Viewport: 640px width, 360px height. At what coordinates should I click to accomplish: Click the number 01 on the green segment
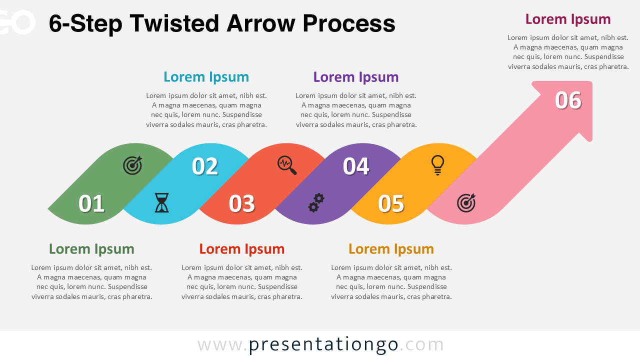coord(91,203)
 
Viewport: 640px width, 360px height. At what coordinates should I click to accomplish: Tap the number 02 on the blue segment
coord(205,166)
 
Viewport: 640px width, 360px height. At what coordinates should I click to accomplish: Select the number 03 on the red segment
coord(242,203)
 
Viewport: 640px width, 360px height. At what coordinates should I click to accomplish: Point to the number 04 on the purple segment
coord(356,166)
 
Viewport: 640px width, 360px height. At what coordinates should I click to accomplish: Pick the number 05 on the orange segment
coord(391,203)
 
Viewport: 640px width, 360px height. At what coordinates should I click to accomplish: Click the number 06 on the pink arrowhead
coord(568,100)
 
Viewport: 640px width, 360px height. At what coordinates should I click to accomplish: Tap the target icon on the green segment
coord(132,165)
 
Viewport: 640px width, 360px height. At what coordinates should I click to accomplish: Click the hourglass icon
coord(161,203)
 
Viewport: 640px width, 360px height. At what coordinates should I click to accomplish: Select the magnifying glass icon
coord(287,165)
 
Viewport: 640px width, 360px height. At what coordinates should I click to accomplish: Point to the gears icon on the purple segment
coord(316,202)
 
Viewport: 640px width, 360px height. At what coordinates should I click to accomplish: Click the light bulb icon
coord(437,165)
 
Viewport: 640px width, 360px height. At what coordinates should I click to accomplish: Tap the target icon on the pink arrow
coord(466,202)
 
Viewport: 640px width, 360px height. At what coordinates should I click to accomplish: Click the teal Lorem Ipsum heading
coord(206,77)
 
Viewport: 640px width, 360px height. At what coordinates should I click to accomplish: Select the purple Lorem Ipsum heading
coord(356,77)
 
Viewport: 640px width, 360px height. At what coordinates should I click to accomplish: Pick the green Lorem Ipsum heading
coord(91,249)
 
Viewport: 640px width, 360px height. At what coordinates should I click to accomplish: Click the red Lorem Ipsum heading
coord(242,249)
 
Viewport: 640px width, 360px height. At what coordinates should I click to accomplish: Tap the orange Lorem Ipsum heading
coord(391,249)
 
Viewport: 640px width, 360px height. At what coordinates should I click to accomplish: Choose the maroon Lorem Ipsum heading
coord(568,19)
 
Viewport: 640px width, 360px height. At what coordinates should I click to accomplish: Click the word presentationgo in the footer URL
coord(323,344)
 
